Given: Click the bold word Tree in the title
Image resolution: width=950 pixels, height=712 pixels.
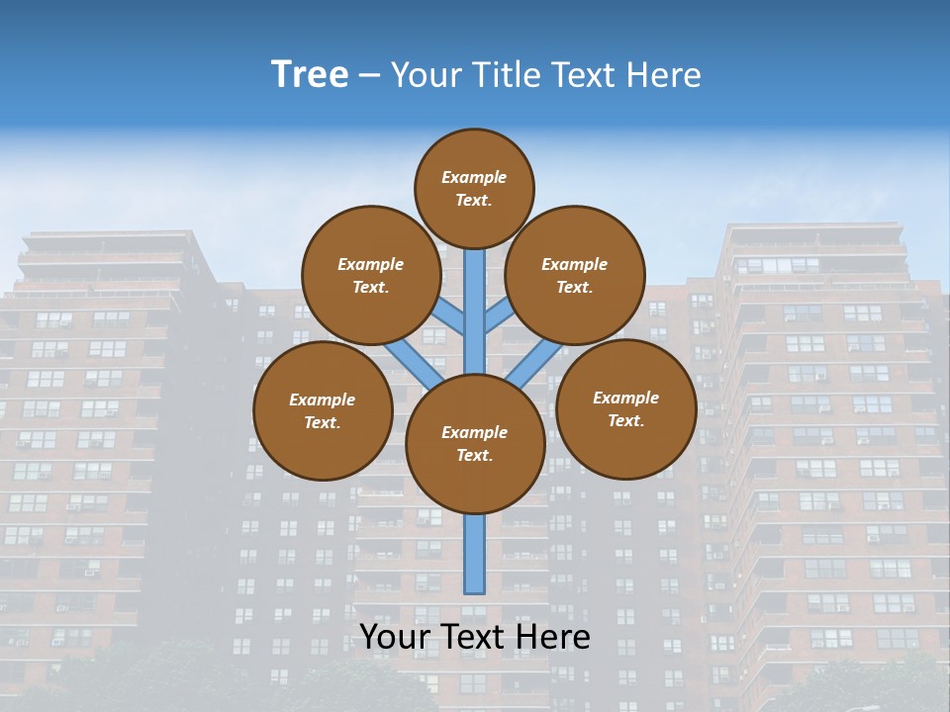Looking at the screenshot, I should [310, 75].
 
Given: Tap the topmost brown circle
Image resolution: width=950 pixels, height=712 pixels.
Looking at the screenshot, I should [474, 188].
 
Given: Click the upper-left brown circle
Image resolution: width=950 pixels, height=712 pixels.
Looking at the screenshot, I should [371, 275].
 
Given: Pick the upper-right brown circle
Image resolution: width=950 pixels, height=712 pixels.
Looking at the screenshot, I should [575, 275].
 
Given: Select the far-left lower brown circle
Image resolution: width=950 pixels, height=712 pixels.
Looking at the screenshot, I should [323, 410].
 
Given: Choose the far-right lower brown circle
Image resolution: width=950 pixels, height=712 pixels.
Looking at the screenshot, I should [626, 408].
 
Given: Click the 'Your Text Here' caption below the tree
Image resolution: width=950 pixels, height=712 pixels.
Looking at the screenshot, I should [475, 637].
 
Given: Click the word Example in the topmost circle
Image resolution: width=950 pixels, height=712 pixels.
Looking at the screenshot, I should [474, 177].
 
